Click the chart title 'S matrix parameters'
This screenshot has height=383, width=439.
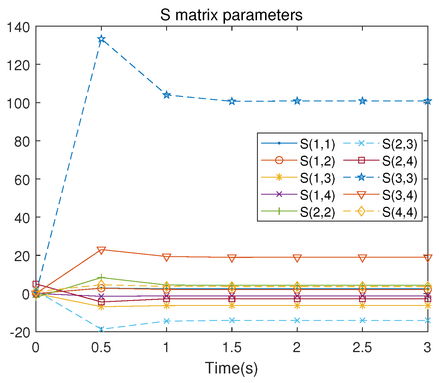tap(231, 15)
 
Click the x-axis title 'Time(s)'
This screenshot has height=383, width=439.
tap(231, 369)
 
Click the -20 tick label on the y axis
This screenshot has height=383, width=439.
tap(20, 332)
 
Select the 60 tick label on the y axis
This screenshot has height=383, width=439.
tap(22, 179)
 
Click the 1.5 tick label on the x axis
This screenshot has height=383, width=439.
tap(232, 347)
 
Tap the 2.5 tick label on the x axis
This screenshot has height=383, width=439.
tap(362, 347)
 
